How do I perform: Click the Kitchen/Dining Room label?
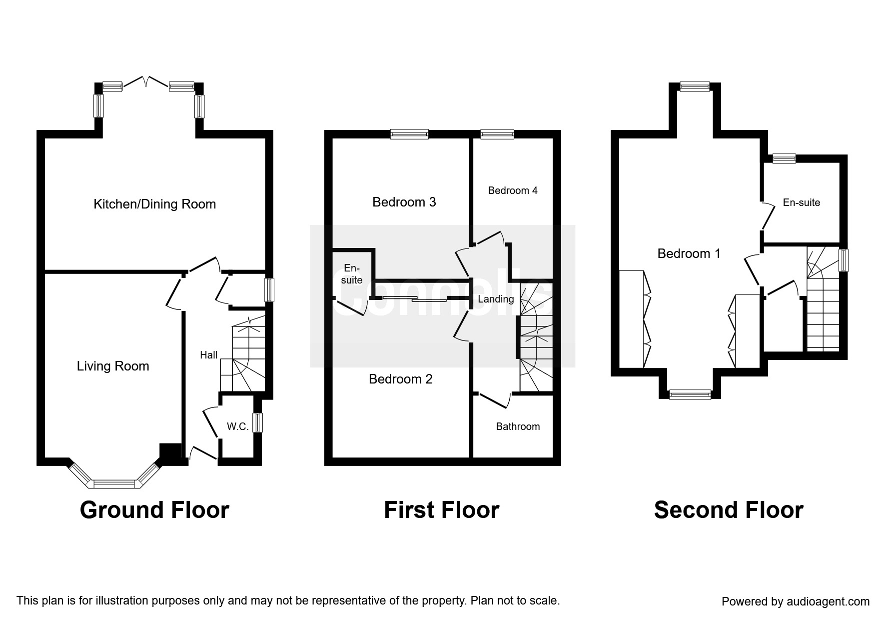coord(154,204)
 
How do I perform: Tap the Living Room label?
coord(113,366)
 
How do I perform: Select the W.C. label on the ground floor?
coord(237,426)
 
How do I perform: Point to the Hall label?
coord(208,355)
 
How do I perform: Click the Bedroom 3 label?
coord(404,202)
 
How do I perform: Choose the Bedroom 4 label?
coord(513,190)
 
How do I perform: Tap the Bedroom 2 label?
coord(400,379)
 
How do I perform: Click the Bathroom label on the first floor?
coord(518,426)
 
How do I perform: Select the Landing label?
coord(496,299)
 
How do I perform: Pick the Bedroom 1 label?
coord(689,253)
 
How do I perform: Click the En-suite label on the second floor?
coord(801,202)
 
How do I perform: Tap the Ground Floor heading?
coord(154,510)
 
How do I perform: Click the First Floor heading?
coord(441,510)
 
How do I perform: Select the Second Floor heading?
coord(729,510)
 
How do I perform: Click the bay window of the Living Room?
coord(114,482)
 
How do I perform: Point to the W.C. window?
coord(257,422)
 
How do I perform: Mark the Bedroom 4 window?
coord(497,133)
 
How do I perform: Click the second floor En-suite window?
coord(784,158)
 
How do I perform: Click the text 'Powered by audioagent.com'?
coord(796,601)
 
